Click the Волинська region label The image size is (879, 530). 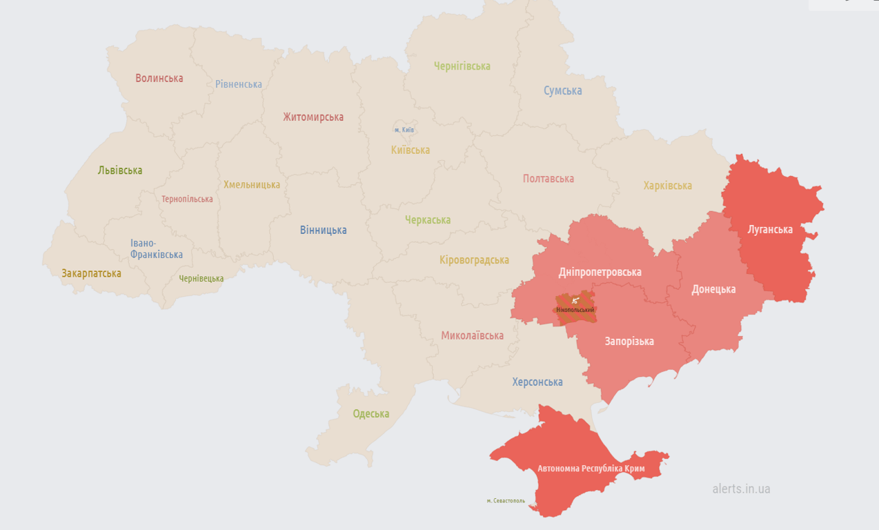tap(159, 78)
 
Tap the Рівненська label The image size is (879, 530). tap(239, 84)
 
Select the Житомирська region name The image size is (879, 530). tap(313, 117)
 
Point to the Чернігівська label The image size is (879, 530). tap(462, 66)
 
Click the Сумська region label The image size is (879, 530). tap(562, 91)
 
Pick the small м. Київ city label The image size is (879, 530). tap(404, 130)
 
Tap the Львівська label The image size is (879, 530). tap(120, 170)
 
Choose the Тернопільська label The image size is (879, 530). tap(187, 199)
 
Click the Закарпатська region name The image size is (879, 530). tap(91, 273)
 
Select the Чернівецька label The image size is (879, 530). tap(201, 279)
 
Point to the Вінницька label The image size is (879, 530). tap(323, 230)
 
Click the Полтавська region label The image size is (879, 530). tap(549, 179)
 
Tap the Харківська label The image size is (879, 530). tap(667, 186)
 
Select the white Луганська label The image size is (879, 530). tap(770, 229)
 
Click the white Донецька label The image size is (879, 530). tap(713, 289)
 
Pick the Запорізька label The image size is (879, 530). tap(629, 342)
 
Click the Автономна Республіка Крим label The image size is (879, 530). tap(591, 469)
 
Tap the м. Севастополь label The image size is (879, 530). tap(506, 501)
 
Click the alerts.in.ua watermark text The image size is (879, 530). tap(741, 489)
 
